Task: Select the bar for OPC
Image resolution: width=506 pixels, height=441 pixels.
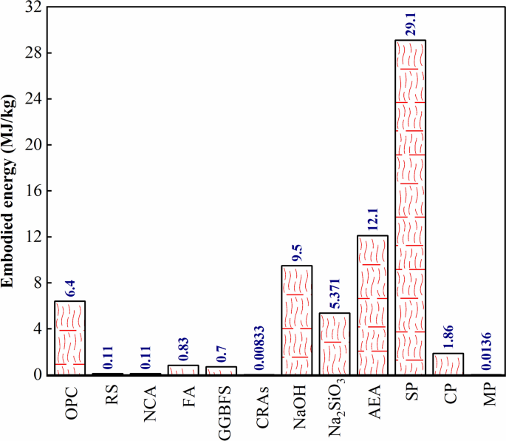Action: click(70, 337)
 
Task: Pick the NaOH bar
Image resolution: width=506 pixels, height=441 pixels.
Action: click(297, 320)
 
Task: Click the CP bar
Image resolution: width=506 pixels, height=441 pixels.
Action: click(448, 363)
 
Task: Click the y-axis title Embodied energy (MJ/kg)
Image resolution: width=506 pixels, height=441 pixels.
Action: click(10, 191)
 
